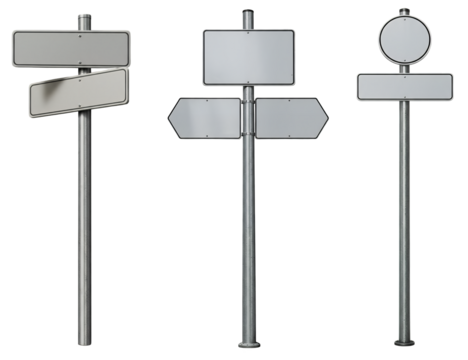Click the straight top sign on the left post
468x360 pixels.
[70, 47]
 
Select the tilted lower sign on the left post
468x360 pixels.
[78, 93]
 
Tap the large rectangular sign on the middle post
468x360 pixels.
[248, 57]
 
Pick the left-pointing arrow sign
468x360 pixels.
[204, 118]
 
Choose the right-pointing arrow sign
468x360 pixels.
[291, 118]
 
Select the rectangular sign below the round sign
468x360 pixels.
[404, 86]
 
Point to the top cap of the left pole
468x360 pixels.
[84, 16]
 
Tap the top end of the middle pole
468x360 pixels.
[247, 13]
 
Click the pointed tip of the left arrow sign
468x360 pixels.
[170, 119]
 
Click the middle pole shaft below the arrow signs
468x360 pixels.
[247, 240]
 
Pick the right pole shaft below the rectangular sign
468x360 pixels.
[404, 220]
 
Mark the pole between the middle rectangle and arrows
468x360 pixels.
[247, 91]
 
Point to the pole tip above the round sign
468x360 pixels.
[403, 10]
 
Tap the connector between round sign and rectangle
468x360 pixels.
[403, 68]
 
